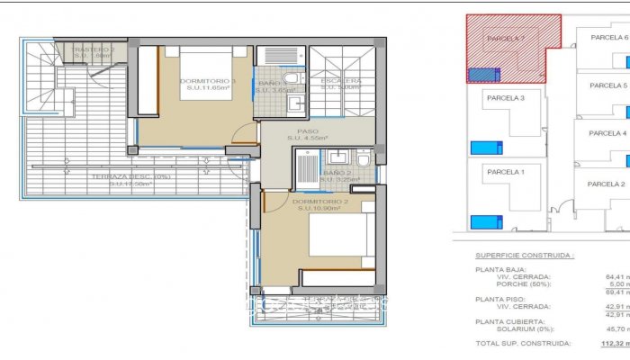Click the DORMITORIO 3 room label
(208, 82)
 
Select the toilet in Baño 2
(362, 159)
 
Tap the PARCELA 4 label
(607, 133)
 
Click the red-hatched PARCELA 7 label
(505, 40)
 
